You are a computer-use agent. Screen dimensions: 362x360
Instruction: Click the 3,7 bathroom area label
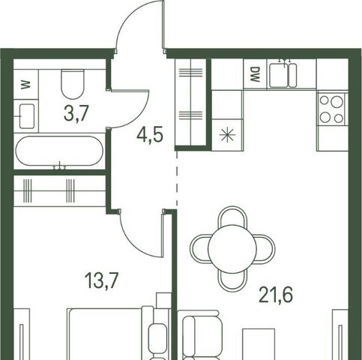(x=76, y=113)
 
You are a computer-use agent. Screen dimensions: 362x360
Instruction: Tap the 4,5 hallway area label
(x=150, y=135)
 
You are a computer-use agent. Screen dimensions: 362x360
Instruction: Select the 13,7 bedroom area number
(x=101, y=280)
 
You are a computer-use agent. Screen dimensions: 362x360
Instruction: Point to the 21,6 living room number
(x=276, y=295)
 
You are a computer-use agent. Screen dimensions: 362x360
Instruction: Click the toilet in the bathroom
(x=73, y=85)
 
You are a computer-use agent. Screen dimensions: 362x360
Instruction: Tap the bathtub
(x=59, y=151)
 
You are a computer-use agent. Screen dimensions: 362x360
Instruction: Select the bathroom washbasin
(x=27, y=116)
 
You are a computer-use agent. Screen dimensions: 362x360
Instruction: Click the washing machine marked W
(x=25, y=84)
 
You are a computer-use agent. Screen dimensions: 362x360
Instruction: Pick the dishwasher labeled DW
(x=255, y=74)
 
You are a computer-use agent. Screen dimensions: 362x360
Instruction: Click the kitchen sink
(x=283, y=75)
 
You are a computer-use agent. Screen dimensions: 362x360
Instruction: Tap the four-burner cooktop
(x=331, y=109)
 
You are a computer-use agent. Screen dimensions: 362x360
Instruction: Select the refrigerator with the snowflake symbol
(x=227, y=135)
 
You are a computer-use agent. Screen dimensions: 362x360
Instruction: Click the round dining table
(x=232, y=249)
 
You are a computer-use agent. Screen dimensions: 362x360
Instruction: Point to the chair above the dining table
(x=232, y=216)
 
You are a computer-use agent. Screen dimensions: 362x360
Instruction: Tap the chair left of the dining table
(x=199, y=249)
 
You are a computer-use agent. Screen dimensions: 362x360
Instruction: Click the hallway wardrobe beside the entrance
(x=190, y=102)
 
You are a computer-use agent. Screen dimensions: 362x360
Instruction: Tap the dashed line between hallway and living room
(x=177, y=178)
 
